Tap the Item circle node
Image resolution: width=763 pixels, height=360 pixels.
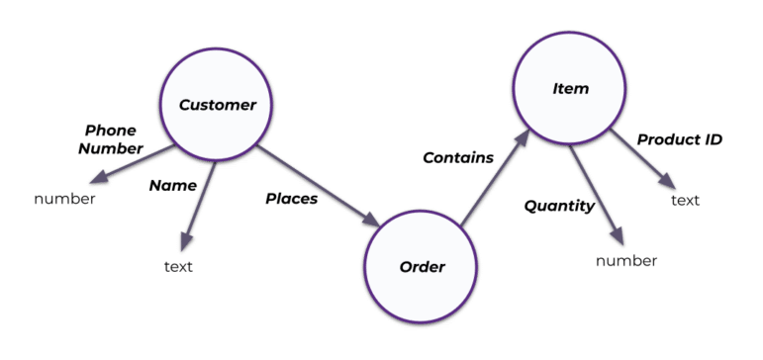(x=568, y=90)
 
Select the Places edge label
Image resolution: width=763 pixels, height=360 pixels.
(x=291, y=199)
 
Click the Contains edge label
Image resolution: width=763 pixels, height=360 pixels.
(x=457, y=157)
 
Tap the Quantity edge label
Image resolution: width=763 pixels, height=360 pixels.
(x=558, y=207)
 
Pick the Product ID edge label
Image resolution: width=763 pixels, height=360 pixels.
(x=679, y=139)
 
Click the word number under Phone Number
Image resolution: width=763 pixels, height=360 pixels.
(x=64, y=199)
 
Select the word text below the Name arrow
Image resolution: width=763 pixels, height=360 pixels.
(x=178, y=266)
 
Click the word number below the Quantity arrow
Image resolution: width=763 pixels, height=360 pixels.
(x=625, y=261)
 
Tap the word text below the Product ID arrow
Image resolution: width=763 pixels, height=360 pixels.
(x=686, y=201)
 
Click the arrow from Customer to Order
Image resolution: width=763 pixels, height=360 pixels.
(x=319, y=187)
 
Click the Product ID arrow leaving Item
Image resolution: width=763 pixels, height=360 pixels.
(x=643, y=157)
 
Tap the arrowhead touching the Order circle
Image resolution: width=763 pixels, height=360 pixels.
(x=373, y=225)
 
